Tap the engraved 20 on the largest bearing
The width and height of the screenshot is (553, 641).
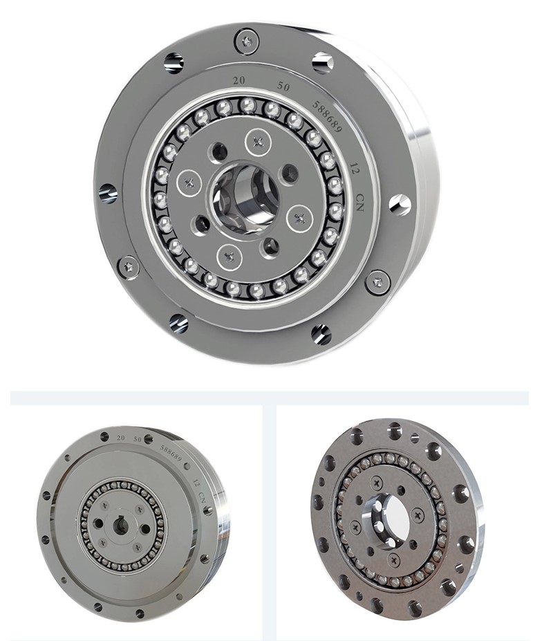[x=239, y=81]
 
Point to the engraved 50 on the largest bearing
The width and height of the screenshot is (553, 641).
[x=283, y=87]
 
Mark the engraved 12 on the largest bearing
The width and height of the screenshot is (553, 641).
[x=355, y=170]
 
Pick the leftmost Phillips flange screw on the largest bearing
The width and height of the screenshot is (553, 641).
[x=129, y=266]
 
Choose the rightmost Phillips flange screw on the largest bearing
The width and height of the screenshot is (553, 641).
[x=377, y=281]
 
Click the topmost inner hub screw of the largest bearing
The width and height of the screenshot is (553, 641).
[x=259, y=142]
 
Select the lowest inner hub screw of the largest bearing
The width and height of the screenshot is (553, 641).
[x=229, y=258]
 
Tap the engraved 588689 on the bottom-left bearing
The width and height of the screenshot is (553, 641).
[x=171, y=453]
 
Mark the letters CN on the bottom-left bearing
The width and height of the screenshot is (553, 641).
[x=202, y=496]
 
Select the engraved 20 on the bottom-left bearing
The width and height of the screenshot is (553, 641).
[x=121, y=438]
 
